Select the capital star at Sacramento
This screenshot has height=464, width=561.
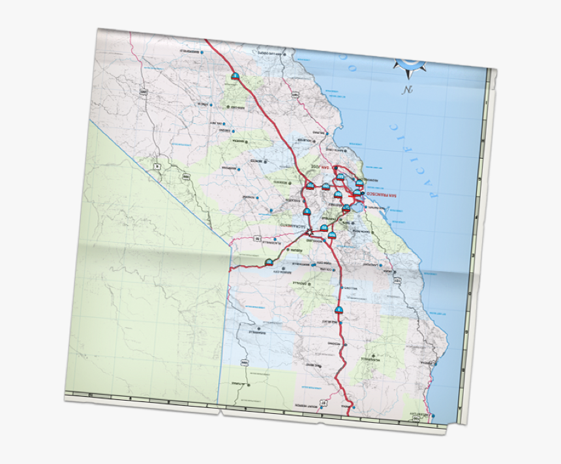click(x=310, y=231)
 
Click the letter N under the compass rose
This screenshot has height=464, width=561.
click(x=408, y=90)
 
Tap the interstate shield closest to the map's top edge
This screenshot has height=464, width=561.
click(x=235, y=76)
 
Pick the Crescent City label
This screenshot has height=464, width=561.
click(x=421, y=414)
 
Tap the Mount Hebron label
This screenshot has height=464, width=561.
click(x=307, y=405)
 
